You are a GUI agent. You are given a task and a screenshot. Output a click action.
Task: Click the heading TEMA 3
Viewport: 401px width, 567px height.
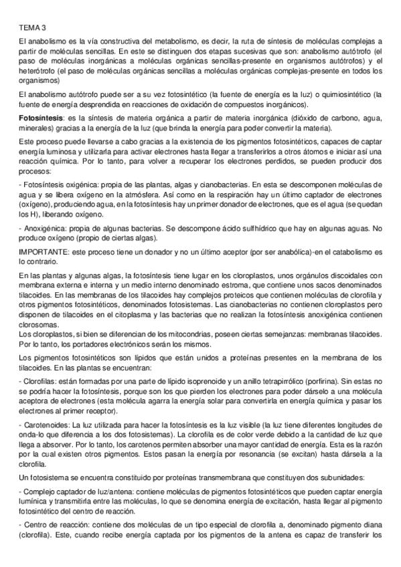[33, 28]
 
